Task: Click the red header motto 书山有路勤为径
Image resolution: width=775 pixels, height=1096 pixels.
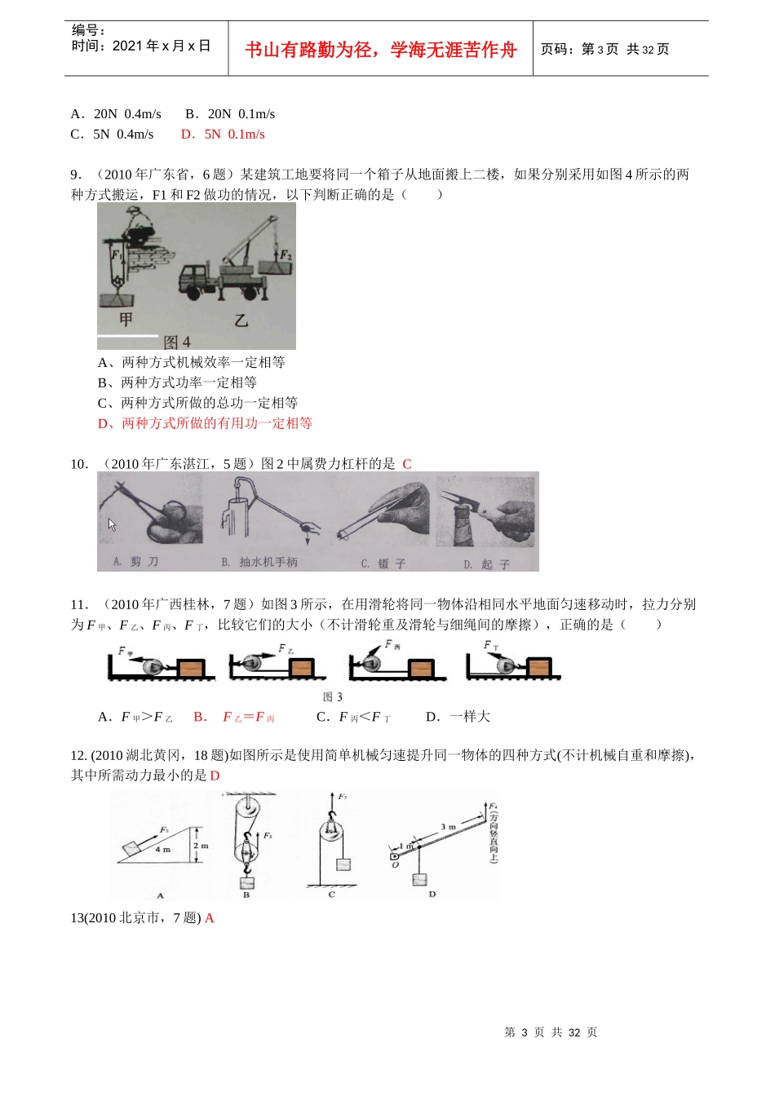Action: (x=380, y=50)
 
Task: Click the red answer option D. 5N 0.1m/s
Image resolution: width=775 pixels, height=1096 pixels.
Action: (x=223, y=135)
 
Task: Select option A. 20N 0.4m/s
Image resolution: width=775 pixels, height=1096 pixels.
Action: (x=116, y=114)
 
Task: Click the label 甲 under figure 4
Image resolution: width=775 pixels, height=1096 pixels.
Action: (x=126, y=320)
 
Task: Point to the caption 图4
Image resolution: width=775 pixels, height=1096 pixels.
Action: (x=177, y=342)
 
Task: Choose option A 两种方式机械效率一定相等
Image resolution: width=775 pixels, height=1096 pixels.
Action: (x=192, y=362)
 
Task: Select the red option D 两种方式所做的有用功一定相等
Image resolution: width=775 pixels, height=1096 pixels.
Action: (x=205, y=423)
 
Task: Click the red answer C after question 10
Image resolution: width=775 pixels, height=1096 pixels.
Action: (x=407, y=464)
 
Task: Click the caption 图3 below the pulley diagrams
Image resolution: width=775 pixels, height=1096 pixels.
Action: (x=333, y=696)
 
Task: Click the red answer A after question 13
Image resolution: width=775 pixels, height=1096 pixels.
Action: (x=210, y=918)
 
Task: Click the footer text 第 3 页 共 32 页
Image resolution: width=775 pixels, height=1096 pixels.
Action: (x=551, y=1032)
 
